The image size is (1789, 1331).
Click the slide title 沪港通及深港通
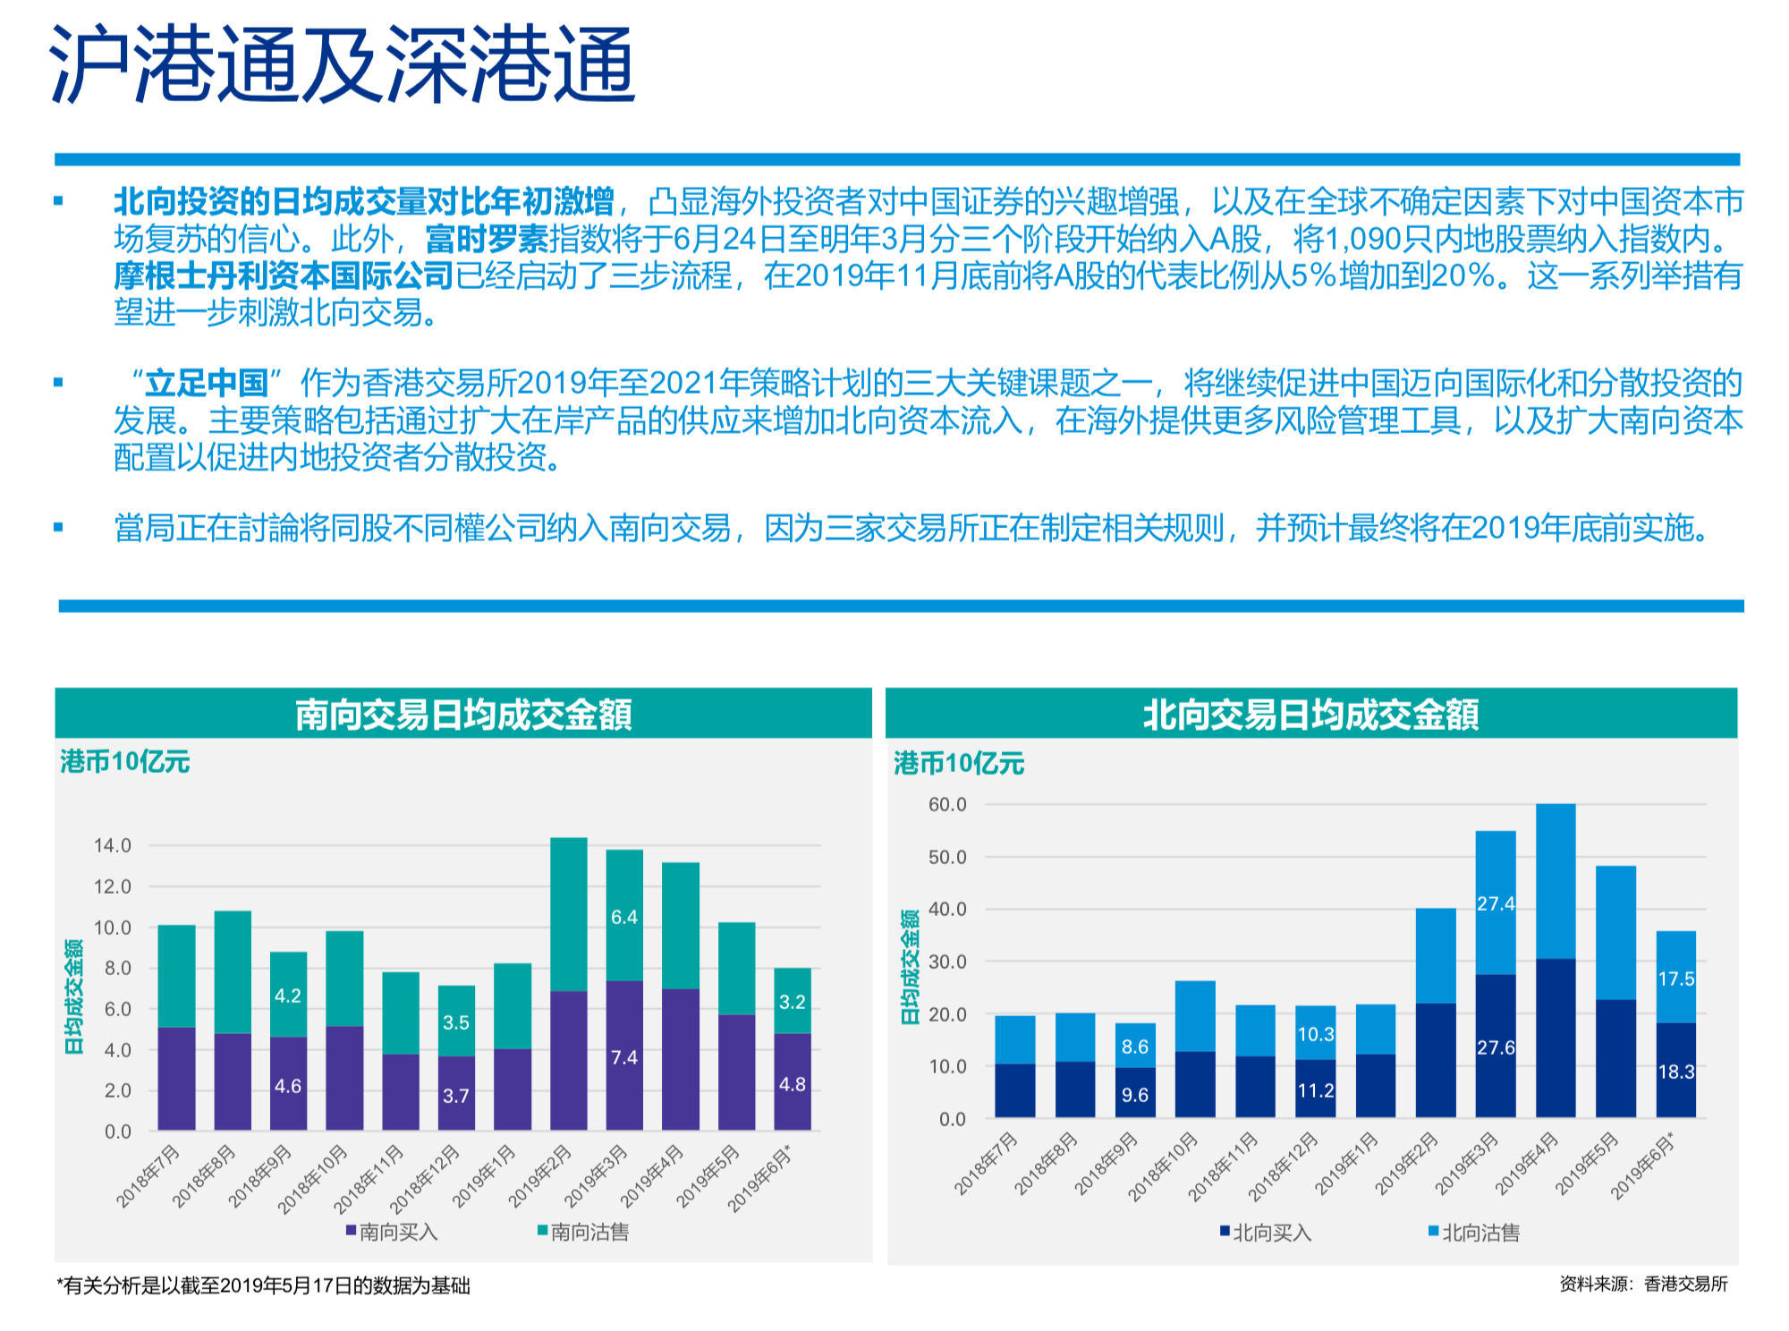pos(343,64)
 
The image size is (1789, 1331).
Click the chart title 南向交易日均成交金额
pos(463,715)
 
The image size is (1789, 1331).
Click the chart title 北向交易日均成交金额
pos(1310,715)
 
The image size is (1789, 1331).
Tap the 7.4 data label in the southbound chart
pos(624,1057)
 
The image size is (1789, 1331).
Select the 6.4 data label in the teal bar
pos(624,917)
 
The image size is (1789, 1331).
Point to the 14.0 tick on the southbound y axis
pos(113,845)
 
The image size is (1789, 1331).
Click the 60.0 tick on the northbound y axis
pos(947,804)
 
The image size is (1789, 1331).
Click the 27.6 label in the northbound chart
pos(1496,1047)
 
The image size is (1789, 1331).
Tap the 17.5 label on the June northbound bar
pos(1676,979)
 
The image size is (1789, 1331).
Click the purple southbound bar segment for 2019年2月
pos(568,1060)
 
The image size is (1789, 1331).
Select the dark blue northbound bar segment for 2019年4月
pos(1556,1038)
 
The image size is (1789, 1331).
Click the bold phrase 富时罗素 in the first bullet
pos(487,240)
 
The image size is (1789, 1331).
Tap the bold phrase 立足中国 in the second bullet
pos(207,383)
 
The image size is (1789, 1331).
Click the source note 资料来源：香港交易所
pos(1643,1284)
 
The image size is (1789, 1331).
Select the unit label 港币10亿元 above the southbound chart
pos(125,762)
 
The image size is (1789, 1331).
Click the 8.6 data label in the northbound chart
pos(1135,1047)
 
